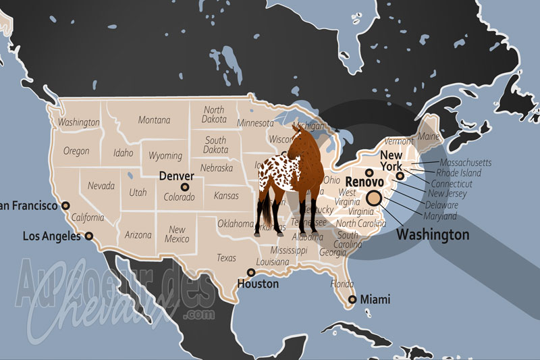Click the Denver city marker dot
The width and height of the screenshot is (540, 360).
[184, 186]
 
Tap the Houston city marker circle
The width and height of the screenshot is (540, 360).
[251, 273]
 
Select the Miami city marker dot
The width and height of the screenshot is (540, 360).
[352, 300]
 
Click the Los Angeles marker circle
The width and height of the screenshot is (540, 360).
[88, 236]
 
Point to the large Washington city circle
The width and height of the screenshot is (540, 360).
[374, 198]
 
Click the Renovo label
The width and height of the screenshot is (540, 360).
[364, 182]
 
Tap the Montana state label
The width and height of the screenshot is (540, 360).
[154, 120]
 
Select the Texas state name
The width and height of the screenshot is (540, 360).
[226, 258]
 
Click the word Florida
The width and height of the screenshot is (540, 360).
[342, 284]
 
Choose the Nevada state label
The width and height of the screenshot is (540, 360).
[101, 186]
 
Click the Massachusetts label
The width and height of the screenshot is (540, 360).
[465, 163]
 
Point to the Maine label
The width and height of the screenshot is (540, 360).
[429, 136]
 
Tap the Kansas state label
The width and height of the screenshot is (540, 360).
[225, 196]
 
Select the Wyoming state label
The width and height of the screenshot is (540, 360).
[165, 156]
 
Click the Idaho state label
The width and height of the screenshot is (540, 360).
[123, 153]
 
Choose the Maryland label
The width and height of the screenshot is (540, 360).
[440, 216]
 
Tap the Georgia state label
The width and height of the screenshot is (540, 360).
[333, 253]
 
